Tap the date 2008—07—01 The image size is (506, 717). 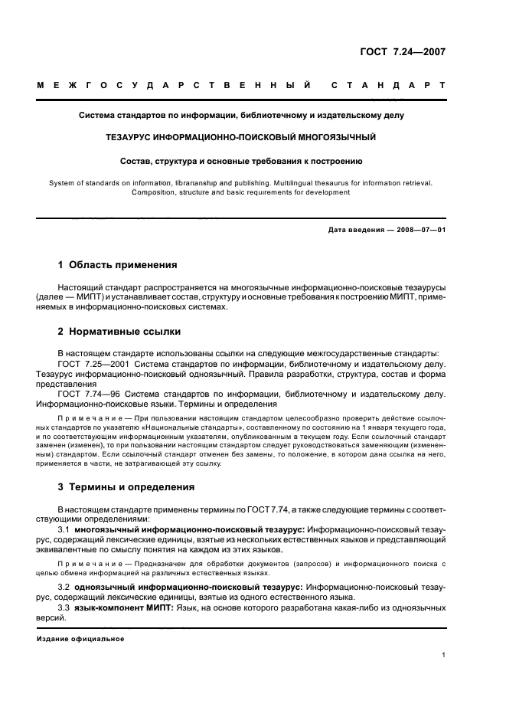coord(419,230)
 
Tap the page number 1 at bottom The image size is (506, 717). coord(443,656)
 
